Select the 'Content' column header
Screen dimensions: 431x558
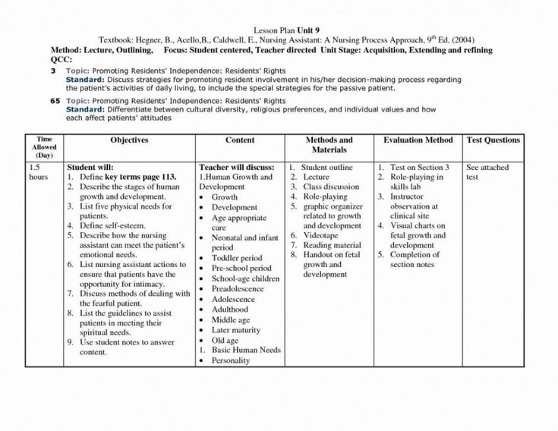239,140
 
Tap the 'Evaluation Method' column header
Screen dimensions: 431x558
418,140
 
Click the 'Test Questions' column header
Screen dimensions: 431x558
493,140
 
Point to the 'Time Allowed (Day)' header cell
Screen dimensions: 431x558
44,147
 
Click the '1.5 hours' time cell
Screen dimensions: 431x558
39,171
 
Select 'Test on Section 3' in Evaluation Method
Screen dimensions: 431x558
421,167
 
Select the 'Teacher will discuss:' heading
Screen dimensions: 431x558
234,167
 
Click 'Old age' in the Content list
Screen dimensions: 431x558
228,340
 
